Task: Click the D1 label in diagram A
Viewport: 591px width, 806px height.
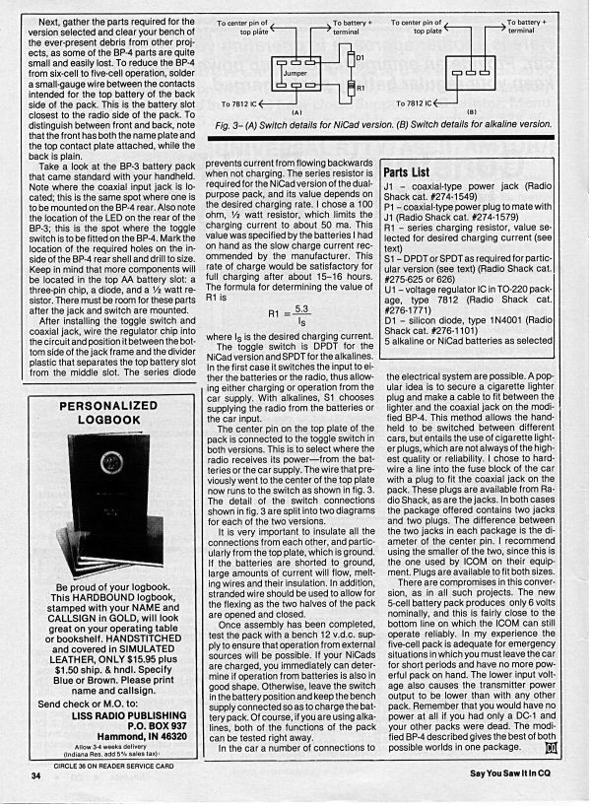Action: coord(360,58)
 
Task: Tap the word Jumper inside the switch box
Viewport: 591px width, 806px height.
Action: coord(295,72)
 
